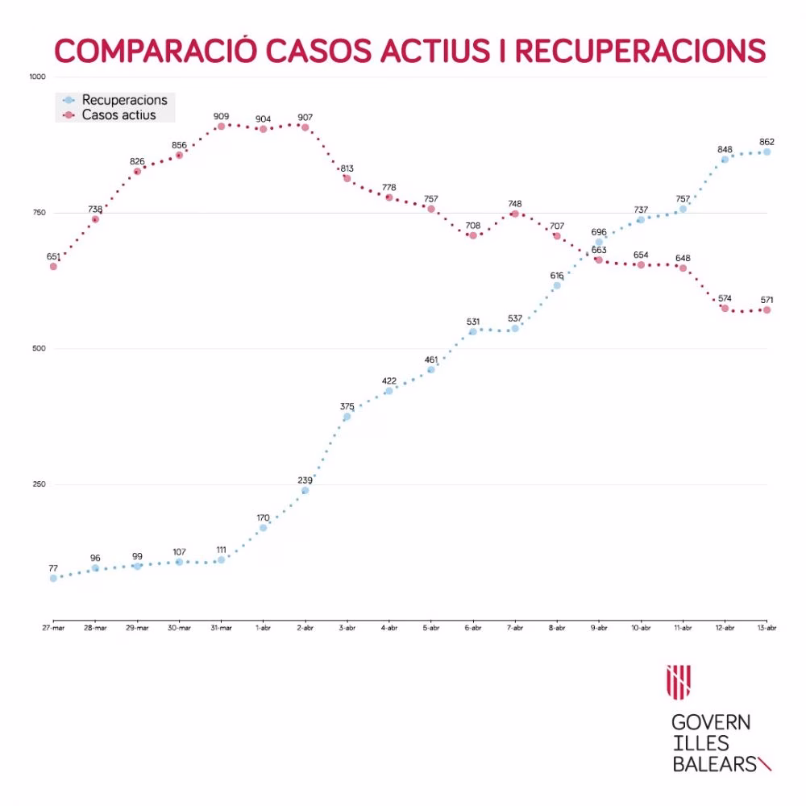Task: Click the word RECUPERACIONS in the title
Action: point(639,49)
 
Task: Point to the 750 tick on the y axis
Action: point(38,213)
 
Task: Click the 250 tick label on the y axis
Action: point(38,484)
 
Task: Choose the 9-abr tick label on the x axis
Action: point(599,628)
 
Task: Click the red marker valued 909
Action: point(221,126)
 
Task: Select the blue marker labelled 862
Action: point(767,152)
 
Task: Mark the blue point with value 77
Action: point(53,578)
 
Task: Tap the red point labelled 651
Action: point(53,266)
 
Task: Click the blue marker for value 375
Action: point(347,417)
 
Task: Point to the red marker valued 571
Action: point(767,310)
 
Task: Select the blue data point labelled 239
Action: point(305,490)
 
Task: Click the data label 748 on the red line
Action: point(515,204)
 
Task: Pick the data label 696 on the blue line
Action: point(599,232)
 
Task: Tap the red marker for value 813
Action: point(347,178)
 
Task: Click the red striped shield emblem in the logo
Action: point(679,683)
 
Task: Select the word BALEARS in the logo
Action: point(713,763)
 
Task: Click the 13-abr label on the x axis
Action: point(767,628)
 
